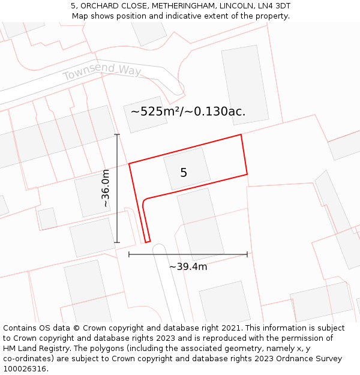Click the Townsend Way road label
(x=101, y=72)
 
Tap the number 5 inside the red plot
(x=184, y=173)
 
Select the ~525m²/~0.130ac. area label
(x=188, y=112)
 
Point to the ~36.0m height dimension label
(x=106, y=188)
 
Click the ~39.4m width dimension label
(x=188, y=267)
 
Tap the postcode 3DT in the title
(x=279, y=6)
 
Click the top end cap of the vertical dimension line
(x=117, y=134)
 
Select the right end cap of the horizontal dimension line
(x=247, y=254)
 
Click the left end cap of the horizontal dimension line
(x=129, y=254)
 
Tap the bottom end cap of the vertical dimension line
(x=117, y=242)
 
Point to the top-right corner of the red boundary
(x=241, y=134)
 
